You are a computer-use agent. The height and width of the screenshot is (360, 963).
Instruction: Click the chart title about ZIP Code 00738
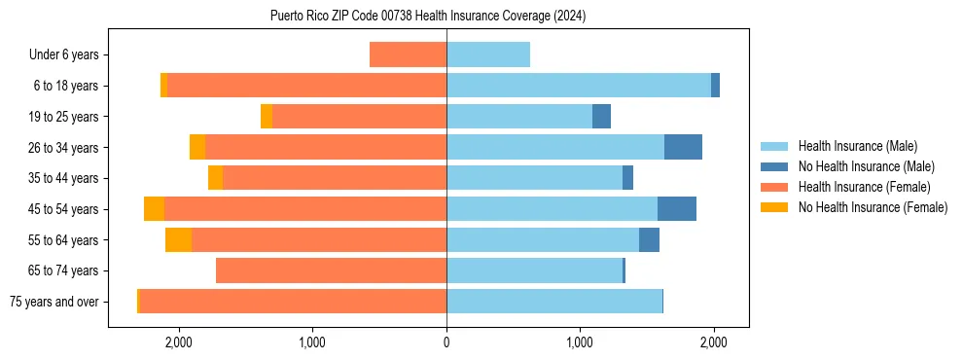pos(428,16)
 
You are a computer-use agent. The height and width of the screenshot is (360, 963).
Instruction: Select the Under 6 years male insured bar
pos(488,54)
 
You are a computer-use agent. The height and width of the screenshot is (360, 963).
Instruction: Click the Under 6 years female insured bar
pos(408,54)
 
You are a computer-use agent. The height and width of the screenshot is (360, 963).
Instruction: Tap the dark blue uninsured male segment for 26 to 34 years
pos(683,147)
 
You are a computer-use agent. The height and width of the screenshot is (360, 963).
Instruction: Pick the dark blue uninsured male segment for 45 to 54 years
pos(676,208)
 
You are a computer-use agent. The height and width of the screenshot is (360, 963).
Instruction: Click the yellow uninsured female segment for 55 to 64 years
pos(178,239)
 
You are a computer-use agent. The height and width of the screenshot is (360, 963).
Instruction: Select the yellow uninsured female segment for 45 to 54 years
pos(154,208)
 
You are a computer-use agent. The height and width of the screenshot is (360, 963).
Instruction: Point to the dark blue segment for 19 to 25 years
pos(601,116)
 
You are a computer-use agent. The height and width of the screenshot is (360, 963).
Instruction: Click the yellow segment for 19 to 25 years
pos(267,116)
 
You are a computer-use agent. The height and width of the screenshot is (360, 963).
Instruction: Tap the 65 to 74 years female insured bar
pos(331,270)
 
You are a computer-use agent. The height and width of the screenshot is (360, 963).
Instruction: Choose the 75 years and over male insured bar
pos(554,302)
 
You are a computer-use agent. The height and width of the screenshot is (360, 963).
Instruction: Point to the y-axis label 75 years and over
pos(53,302)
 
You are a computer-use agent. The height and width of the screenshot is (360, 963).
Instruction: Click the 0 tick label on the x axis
pos(446,342)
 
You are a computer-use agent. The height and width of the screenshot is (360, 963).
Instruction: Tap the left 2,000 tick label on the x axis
pos(178,342)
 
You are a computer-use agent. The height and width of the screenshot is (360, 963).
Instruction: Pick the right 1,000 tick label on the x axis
pos(580,342)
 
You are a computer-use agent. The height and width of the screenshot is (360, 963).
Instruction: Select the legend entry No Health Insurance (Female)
pos(873,207)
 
